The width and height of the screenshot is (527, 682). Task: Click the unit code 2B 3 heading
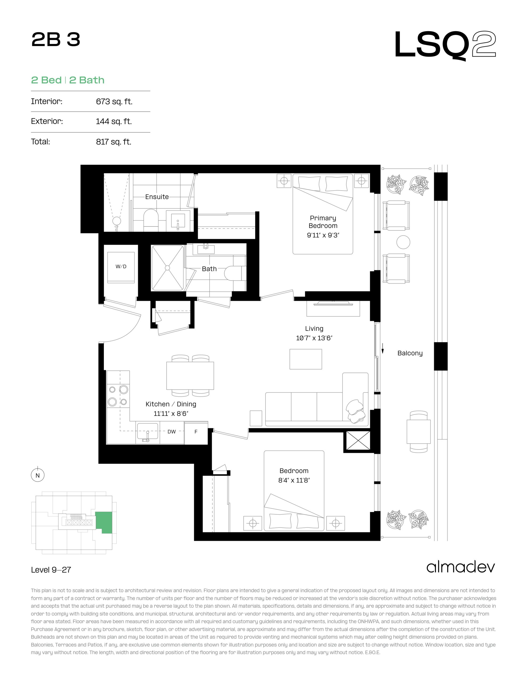pos(56,40)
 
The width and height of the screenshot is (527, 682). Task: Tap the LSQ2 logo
pos(445,45)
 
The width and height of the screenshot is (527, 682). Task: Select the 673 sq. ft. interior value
pos(114,102)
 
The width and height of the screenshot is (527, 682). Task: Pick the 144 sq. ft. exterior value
pos(114,121)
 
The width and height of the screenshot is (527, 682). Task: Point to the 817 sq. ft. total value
pos(114,142)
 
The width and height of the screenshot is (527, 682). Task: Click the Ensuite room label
pos(157,197)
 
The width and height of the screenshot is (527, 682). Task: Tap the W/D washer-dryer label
pos(121,266)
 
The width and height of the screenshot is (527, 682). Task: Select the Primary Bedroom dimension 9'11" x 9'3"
pos(323,235)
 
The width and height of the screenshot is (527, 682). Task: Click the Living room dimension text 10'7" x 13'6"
pos(314,338)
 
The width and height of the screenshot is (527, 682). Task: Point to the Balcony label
pos(410,353)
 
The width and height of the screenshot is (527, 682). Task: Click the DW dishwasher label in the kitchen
pos(172,432)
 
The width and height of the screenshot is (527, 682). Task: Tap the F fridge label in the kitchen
pos(196,432)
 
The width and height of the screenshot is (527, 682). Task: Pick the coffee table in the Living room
pos(306,359)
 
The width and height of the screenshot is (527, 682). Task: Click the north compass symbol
pos(38,475)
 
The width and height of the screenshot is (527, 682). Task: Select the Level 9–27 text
pos(51,570)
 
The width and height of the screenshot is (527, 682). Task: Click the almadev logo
pos(460,567)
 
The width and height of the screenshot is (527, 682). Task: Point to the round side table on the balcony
pos(403,242)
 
